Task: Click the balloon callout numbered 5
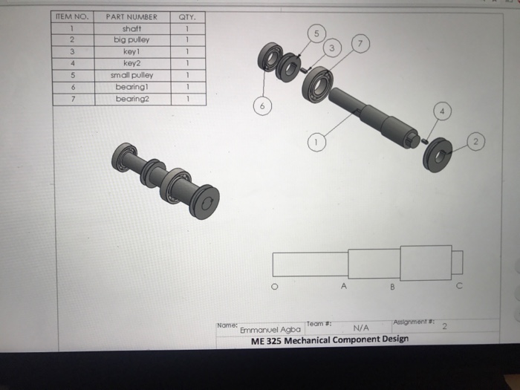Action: [x=317, y=34]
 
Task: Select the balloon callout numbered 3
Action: [x=334, y=49]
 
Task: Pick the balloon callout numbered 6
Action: [x=261, y=107]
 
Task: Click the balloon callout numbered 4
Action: [x=443, y=112]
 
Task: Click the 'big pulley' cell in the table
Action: [x=131, y=40]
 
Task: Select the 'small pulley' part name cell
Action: [x=131, y=75]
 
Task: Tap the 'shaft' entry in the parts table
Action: [x=131, y=28]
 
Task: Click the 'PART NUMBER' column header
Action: [x=131, y=16]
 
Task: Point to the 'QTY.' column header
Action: [x=189, y=16]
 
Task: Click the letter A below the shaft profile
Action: [x=343, y=285]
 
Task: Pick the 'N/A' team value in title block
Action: [x=362, y=327]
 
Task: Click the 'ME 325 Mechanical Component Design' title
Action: [x=330, y=339]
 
